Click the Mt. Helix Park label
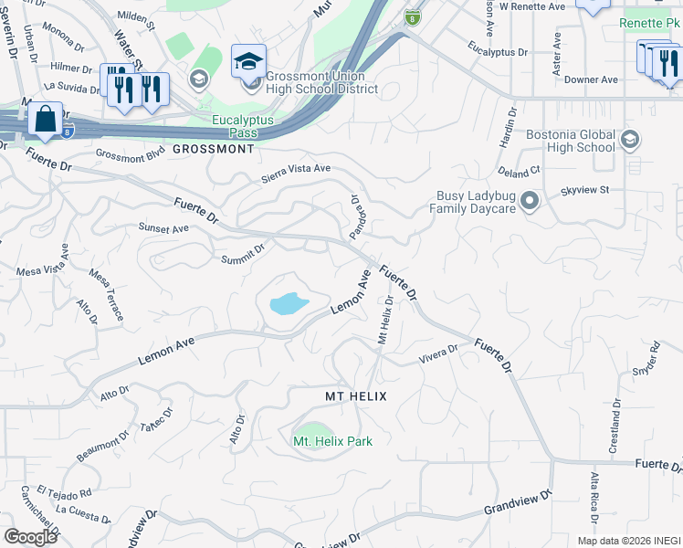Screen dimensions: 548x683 (332, 441)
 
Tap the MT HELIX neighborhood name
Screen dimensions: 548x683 (356, 396)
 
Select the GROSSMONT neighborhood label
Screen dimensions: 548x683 (213, 148)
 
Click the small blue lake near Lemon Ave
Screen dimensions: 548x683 (289, 303)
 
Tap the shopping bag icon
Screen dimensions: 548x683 (45, 120)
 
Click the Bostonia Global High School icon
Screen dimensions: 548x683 (628, 140)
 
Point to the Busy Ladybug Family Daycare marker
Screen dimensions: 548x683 (529, 201)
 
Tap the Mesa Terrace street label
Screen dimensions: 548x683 (107, 295)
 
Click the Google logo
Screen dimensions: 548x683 (30, 537)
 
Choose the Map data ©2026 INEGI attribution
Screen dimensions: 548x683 (629, 541)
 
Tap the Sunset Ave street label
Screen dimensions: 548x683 (162, 227)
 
